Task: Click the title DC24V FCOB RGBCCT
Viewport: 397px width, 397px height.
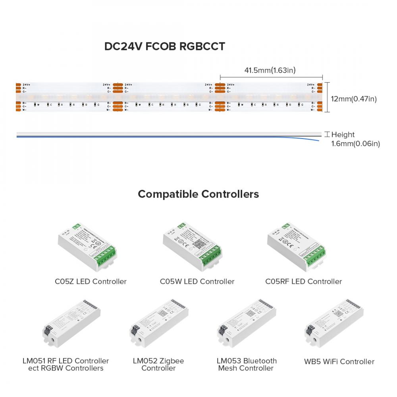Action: tap(164, 46)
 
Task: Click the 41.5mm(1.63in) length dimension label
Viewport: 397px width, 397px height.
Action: tap(270, 71)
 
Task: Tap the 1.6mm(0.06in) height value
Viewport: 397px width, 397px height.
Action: tap(355, 144)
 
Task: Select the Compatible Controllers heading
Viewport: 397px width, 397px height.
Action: tap(198, 194)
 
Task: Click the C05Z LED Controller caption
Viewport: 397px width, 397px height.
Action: tap(91, 281)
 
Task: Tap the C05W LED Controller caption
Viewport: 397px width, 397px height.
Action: tap(197, 281)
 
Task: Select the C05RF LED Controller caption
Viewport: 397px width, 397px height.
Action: tap(303, 281)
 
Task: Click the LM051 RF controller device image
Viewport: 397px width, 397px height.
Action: tap(71, 324)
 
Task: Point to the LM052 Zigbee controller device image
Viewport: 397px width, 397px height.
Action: tap(158, 324)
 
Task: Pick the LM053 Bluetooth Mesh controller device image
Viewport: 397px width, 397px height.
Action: tap(246, 324)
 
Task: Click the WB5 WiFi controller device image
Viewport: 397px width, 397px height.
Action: tap(333, 324)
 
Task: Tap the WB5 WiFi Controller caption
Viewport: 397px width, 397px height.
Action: tap(339, 361)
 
